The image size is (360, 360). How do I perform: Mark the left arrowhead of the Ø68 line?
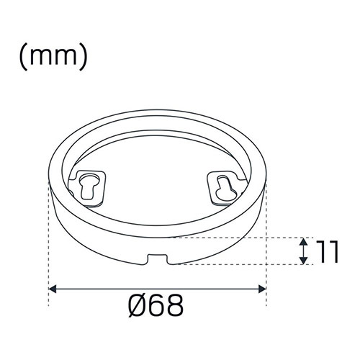53,289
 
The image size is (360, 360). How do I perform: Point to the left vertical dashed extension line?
48,238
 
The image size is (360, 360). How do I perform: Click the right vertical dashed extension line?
266,238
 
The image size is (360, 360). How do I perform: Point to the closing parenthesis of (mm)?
84,58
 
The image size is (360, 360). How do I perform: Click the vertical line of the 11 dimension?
302,250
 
